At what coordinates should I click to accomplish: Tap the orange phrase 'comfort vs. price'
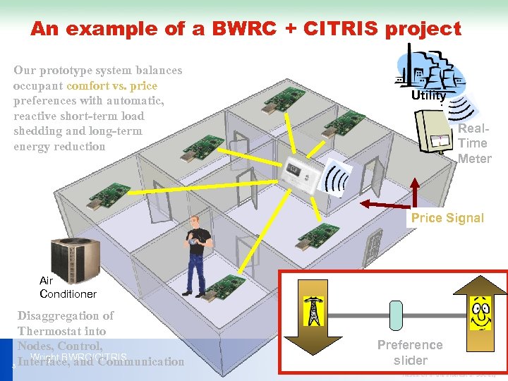(111, 86)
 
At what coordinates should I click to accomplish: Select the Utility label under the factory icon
(429, 95)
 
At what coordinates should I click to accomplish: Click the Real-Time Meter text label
(474, 143)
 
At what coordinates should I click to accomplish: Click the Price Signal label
(447, 217)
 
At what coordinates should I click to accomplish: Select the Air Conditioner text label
(67, 287)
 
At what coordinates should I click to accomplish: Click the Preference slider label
(410, 351)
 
